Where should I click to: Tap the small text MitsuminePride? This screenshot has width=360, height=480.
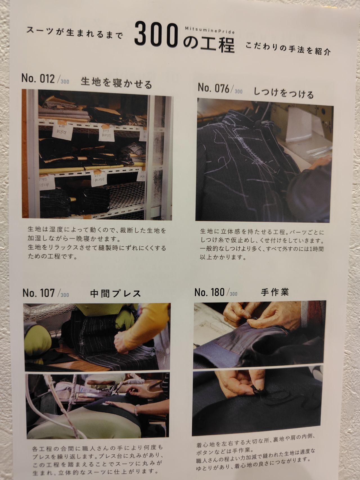[x=210, y=30]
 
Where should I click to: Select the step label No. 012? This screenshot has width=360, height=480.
[x=38, y=79]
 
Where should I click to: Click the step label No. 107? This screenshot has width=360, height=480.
[x=39, y=293]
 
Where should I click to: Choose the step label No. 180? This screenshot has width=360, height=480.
[x=209, y=292]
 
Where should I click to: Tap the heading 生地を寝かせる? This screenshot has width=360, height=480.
[x=116, y=83]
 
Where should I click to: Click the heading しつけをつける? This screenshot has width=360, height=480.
[x=283, y=93]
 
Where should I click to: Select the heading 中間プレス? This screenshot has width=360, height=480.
[x=116, y=294]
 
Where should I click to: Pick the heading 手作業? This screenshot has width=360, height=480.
[x=275, y=292]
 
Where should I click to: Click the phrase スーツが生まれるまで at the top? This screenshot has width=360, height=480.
[x=75, y=33]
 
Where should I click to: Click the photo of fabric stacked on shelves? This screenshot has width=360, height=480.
[x=97, y=154]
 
